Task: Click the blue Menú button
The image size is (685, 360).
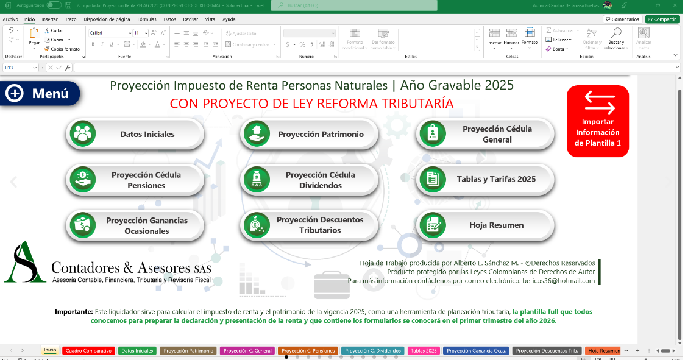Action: click(41, 93)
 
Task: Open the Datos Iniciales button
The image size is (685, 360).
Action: click(135, 134)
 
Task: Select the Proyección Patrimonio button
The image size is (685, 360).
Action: click(310, 134)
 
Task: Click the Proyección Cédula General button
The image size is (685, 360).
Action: click(485, 134)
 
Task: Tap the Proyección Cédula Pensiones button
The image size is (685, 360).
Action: click(135, 180)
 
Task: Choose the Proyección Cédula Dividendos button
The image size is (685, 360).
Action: click(310, 180)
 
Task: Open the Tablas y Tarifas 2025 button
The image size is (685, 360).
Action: click(485, 179)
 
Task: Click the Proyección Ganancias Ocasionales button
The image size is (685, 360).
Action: click(135, 225)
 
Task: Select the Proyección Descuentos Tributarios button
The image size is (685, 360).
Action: click(310, 225)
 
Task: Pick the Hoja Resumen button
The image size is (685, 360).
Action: click(485, 225)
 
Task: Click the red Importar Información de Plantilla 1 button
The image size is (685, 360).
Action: click(597, 121)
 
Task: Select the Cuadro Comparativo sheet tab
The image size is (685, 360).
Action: click(89, 351)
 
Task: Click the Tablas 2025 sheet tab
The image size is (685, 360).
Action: click(424, 351)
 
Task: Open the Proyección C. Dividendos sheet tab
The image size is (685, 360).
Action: click(373, 351)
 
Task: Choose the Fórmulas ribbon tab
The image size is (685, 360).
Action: click(146, 19)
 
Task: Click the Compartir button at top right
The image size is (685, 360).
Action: click(662, 19)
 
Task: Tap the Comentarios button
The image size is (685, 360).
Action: click(622, 19)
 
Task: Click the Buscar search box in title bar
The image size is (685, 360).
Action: click(354, 5)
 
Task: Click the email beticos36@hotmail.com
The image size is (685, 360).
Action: click(559, 281)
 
